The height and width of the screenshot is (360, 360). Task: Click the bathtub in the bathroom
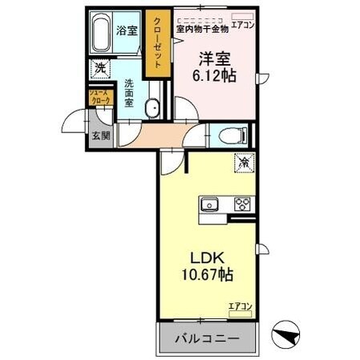click(100, 33)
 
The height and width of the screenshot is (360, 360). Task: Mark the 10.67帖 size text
click(206, 275)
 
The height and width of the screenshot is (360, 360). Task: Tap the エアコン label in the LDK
click(239, 305)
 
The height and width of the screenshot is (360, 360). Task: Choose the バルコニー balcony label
click(206, 338)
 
